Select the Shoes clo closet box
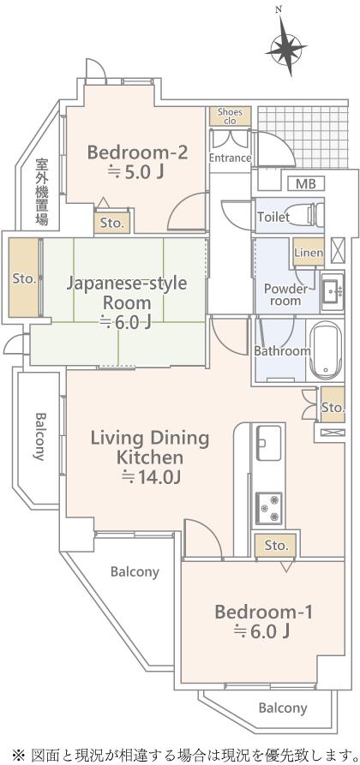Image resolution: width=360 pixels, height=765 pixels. [x=230, y=117]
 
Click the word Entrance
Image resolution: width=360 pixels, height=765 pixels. [x=230, y=158]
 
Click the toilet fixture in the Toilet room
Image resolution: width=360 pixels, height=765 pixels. [x=309, y=215]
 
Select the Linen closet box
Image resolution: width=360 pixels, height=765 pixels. [x=309, y=252]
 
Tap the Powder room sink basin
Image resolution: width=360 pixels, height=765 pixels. [x=333, y=293]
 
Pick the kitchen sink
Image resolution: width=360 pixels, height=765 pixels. [x=268, y=443]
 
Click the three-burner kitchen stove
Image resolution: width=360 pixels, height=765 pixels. [x=269, y=508]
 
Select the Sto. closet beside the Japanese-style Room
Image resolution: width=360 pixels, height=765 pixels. [x=24, y=278]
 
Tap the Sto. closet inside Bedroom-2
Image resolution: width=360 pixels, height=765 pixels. [x=112, y=223]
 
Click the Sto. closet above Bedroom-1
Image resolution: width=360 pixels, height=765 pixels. [x=276, y=546]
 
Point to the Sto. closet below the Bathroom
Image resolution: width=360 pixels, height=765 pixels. [x=333, y=405]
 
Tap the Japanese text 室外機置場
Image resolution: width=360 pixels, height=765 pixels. [x=41, y=192]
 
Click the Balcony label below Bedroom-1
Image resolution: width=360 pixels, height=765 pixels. [x=283, y=708]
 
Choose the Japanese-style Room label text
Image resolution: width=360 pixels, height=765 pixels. [x=127, y=292]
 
